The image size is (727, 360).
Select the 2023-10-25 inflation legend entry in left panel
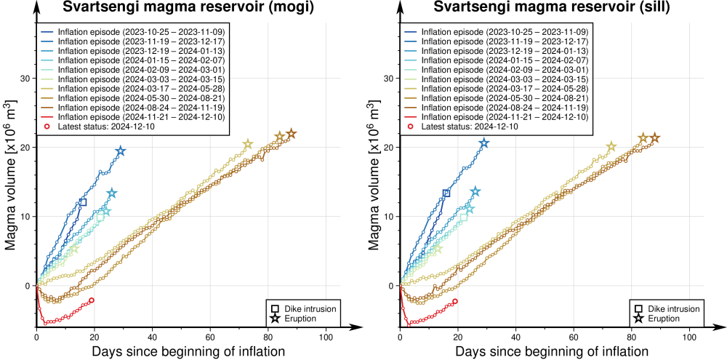point(121,32)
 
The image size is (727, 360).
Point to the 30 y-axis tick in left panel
point(26,79)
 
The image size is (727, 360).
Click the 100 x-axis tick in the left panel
point(326,338)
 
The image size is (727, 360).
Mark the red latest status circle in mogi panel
point(91,300)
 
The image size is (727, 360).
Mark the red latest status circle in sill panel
point(455,301)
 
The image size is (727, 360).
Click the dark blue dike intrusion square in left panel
point(83,202)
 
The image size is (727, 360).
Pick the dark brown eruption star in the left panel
point(292,134)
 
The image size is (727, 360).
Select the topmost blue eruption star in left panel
point(121,151)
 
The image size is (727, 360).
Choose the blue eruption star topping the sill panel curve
point(484,143)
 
